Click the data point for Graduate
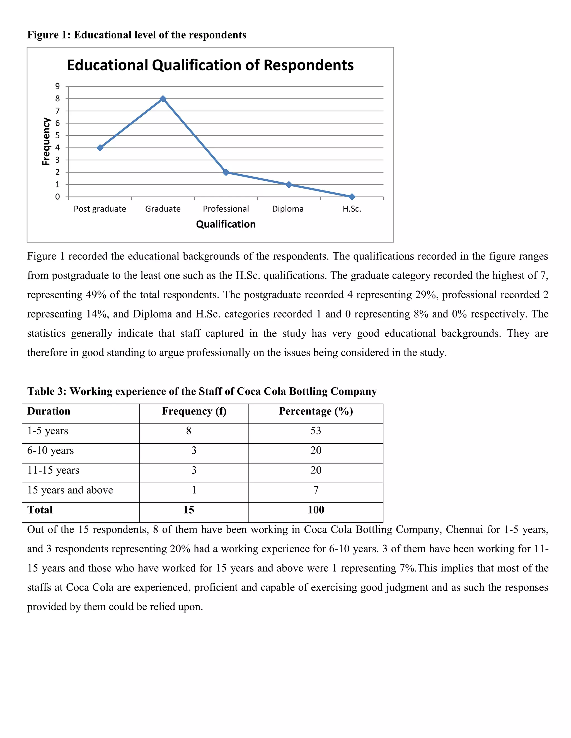point(163,99)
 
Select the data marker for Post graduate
point(100,148)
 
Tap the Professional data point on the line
point(226,172)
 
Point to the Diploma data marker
point(289,184)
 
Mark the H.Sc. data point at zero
point(352,197)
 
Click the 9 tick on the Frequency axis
point(57,87)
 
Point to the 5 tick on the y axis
point(57,136)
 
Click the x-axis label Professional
point(226,209)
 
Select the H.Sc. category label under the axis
point(352,209)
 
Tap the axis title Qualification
point(226,224)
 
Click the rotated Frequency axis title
point(46,141)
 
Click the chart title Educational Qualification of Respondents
point(210,65)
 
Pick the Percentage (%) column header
point(316,411)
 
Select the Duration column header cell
point(49,411)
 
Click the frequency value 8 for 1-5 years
point(189,431)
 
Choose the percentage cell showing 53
point(316,431)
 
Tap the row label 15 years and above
point(70,490)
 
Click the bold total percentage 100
point(316,510)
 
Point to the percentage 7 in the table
point(316,490)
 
